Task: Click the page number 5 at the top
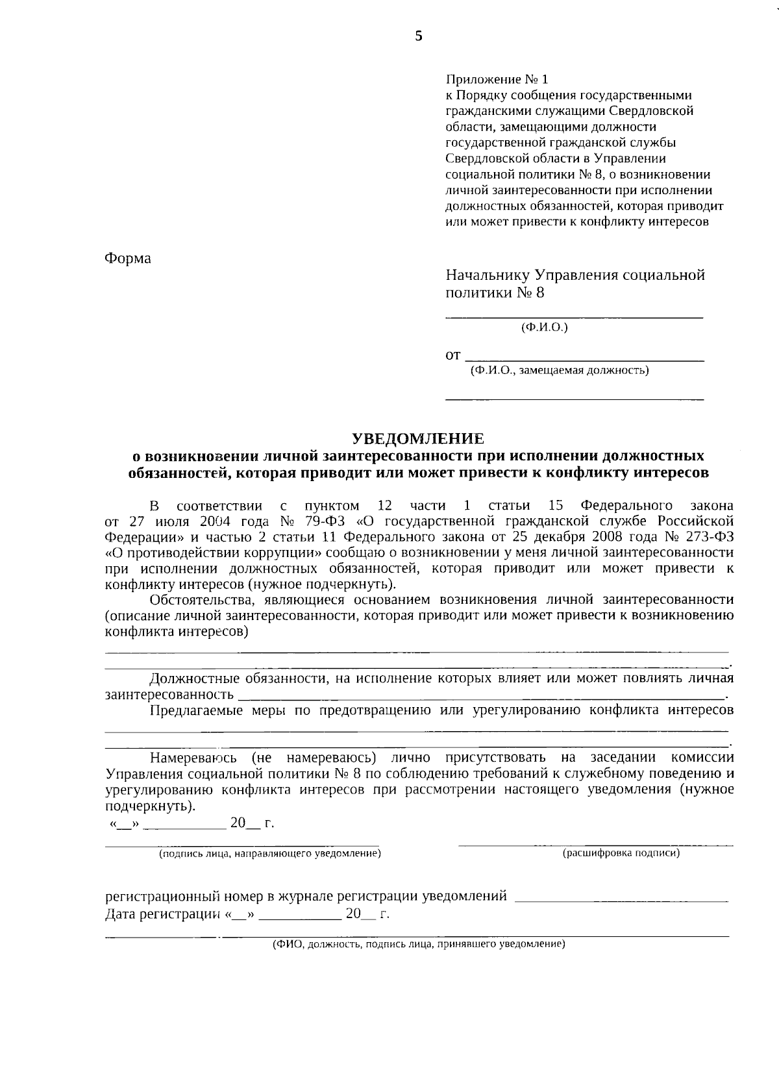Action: click(419, 36)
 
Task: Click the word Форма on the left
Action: click(128, 258)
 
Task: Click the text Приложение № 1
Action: click(497, 79)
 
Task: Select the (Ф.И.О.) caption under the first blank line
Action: click(545, 328)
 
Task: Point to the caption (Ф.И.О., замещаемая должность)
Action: click(560, 371)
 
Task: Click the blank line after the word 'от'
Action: click(586, 358)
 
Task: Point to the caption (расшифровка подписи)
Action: click(621, 853)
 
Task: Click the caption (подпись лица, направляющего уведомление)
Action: click(270, 853)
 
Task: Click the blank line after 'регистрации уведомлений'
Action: click(621, 899)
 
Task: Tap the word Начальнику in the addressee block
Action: click(486, 275)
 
